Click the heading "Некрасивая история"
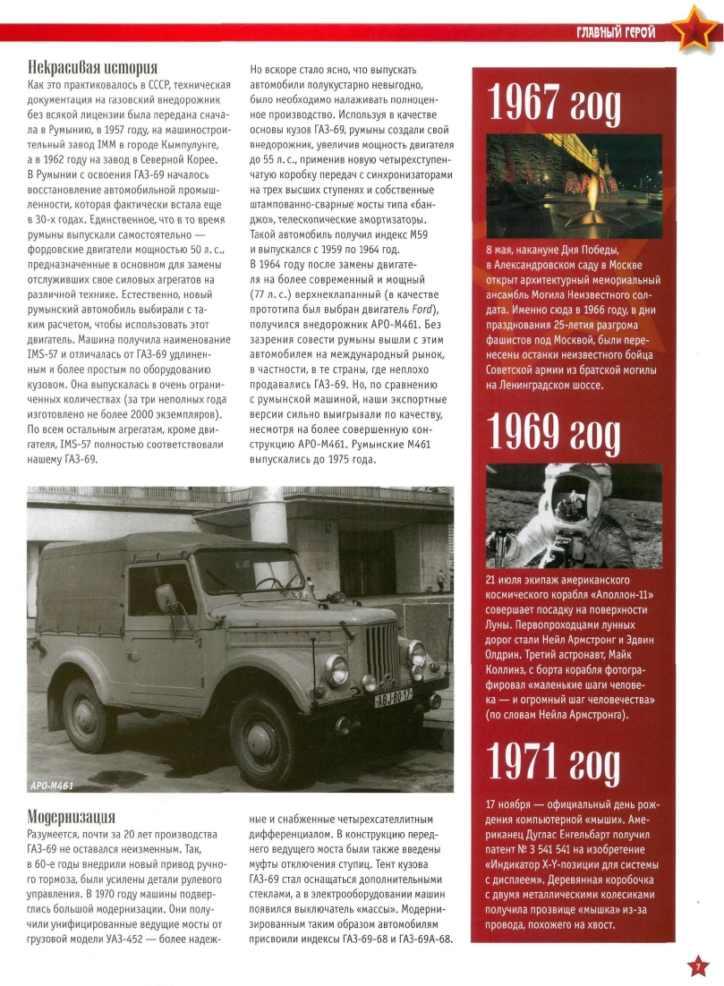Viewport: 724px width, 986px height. pos(92,68)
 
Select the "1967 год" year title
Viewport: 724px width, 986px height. pos(553,106)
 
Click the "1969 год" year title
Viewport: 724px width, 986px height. pos(553,436)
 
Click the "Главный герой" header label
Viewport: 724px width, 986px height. pos(617,33)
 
